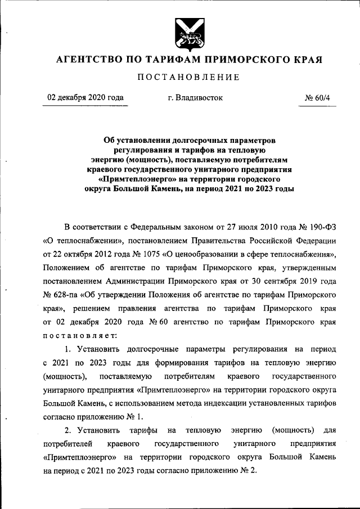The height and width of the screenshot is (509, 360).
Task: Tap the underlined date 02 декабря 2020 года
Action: pos(85,97)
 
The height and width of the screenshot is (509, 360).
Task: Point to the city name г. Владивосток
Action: pos(195,97)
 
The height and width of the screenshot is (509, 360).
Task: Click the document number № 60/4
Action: pos(318,97)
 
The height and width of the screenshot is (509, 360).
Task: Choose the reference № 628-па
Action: pos(60,294)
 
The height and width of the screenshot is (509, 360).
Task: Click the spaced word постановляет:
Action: pos(80,335)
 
